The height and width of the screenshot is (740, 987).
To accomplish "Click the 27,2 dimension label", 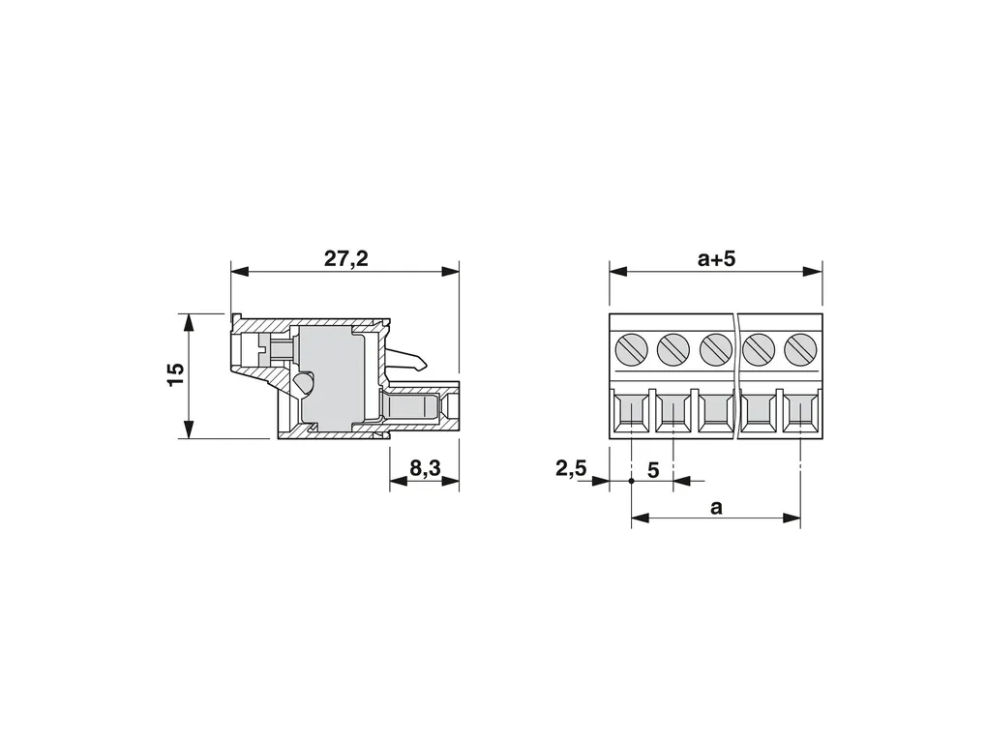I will pyautogui.click(x=345, y=258).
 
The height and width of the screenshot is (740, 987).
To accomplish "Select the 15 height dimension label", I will pyautogui.click(x=175, y=374).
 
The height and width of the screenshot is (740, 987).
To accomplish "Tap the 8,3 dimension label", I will pyautogui.click(x=425, y=468).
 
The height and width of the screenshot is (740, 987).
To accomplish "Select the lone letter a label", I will pyautogui.click(x=716, y=507).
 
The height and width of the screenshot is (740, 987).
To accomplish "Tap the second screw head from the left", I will pyautogui.click(x=673, y=348).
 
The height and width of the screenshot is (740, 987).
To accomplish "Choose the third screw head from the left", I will pyautogui.click(x=714, y=348).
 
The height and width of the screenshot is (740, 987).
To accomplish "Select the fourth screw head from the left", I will pyautogui.click(x=759, y=348).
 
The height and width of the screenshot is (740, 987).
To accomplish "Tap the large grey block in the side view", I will pyautogui.click(x=329, y=377).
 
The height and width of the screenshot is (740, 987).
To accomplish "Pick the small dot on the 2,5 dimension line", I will pyautogui.click(x=631, y=479).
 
